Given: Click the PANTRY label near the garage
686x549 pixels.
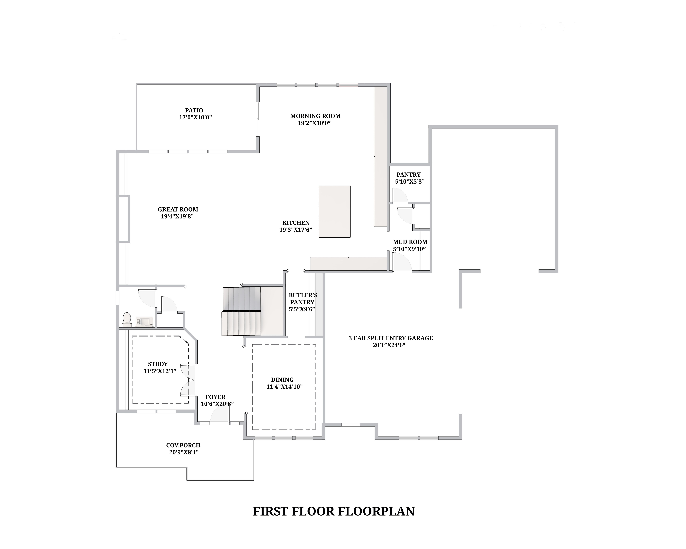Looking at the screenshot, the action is pos(409,174).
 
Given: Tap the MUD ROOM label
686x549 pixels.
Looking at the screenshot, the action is pos(410,242).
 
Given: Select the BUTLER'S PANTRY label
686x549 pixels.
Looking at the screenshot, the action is pos(303,299).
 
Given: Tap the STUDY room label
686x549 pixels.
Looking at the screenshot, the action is pos(158,364).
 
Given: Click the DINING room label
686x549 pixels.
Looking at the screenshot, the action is pos(282,380).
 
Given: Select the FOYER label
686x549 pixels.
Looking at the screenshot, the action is pos(215,397).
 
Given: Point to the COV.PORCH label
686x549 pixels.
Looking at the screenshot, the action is pos(183,445).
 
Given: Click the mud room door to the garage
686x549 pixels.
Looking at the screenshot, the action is pos(403,262).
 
